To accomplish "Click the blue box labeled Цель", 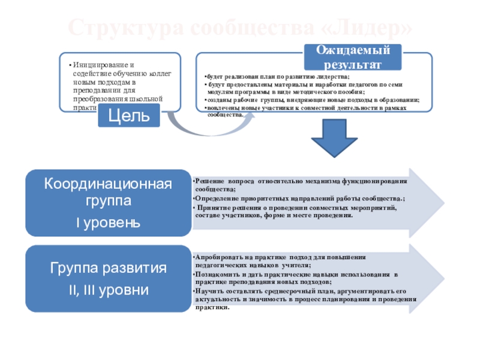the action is [130, 113].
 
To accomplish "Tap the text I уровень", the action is [109, 223].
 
